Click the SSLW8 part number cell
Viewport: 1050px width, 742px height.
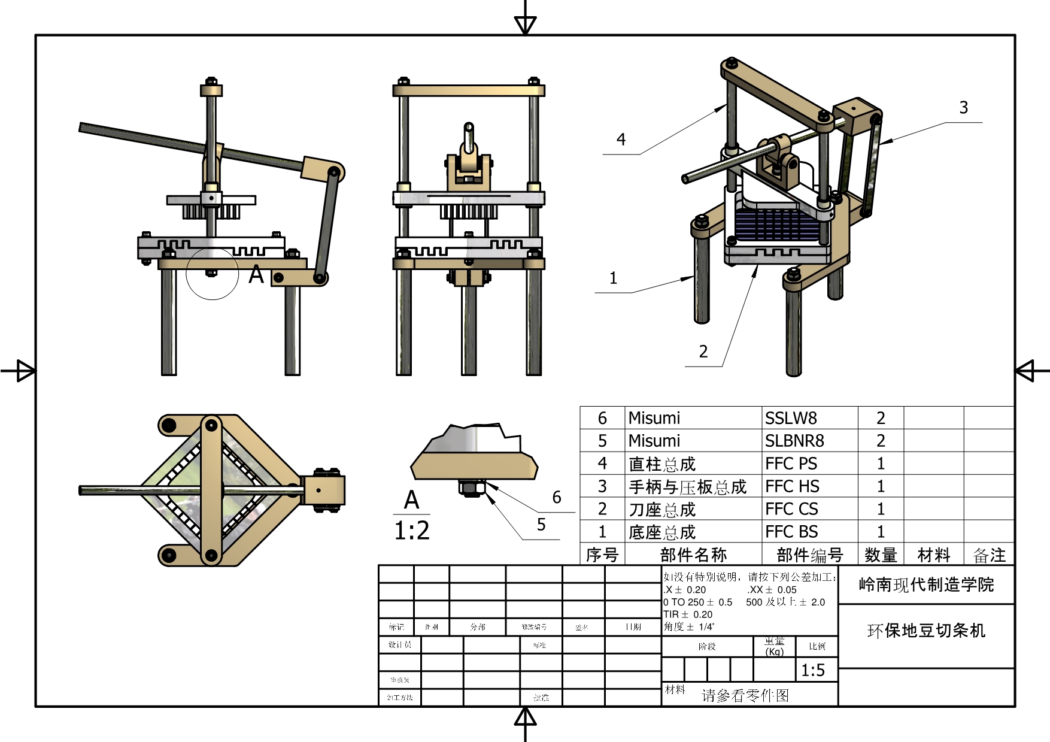[791, 418]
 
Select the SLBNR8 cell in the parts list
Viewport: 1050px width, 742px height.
[794, 441]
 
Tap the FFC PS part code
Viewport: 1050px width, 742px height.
[791, 464]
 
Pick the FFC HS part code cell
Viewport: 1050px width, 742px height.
[792, 486]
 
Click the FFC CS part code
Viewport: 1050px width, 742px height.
[791, 509]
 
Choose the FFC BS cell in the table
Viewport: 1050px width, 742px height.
[791, 532]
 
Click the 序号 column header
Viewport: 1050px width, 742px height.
[602, 555]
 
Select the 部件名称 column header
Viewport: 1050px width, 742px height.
[693, 555]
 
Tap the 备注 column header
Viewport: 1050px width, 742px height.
[989, 555]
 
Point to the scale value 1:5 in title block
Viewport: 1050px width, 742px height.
[813, 670]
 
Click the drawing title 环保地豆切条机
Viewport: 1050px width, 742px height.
[926, 631]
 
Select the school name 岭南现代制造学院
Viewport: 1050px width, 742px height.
[926, 584]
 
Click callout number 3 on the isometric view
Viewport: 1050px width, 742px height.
[964, 108]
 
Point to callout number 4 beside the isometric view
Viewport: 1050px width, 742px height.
[621, 140]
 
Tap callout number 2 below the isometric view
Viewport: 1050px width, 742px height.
[703, 352]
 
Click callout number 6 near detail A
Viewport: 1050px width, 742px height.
[557, 497]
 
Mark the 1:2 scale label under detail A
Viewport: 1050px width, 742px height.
[412, 531]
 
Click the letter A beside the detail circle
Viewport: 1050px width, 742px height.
[256, 275]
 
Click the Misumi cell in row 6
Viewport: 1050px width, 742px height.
[654, 418]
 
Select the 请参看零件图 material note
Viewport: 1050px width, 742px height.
[745, 695]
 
